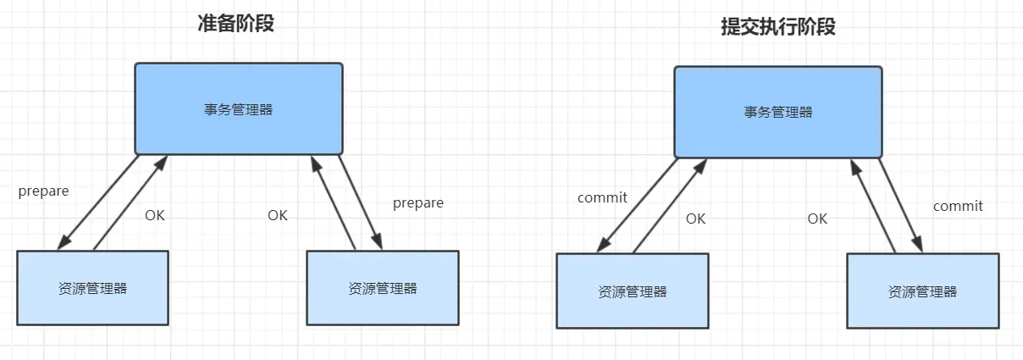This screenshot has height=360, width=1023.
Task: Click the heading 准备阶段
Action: coord(235,23)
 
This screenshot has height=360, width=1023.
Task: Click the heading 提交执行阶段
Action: coord(777,27)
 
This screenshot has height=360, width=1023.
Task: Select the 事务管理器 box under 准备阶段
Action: coord(239,108)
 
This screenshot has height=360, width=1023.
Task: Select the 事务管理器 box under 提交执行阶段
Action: coord(778,112)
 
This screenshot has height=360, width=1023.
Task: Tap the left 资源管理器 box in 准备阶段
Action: coord(93,288)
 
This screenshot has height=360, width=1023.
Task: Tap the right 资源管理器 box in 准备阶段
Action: coord(382,288)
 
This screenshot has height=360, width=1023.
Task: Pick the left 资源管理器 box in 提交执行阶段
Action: coord(632,291)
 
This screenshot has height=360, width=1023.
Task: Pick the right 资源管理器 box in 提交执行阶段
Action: coord(922,291)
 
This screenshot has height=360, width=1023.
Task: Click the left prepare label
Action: coord(43,191)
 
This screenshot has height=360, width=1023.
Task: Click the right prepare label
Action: coord(418,203)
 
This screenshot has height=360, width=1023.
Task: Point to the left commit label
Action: coord(602,198)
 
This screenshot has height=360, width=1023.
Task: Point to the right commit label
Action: coord(958,206)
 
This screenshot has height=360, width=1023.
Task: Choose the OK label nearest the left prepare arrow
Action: coord(155,215)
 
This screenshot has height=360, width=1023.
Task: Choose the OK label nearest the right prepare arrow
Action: coord(278,215)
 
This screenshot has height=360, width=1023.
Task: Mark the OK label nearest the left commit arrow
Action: coord(695,219)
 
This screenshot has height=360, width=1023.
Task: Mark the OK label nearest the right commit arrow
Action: coord(817,219)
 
